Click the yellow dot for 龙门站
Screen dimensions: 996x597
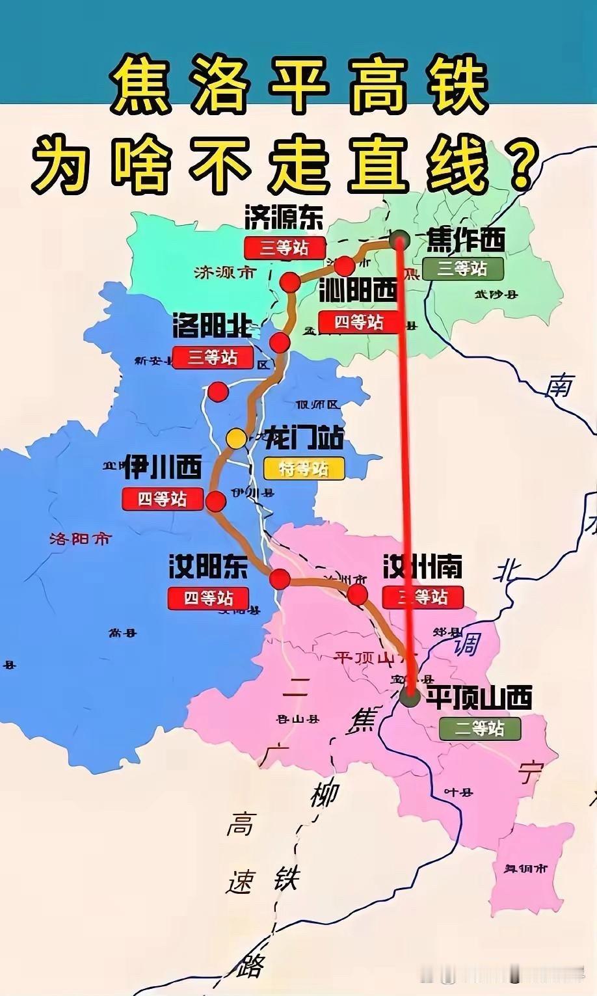[x=236, y=438]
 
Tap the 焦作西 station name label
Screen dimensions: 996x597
[x=465, y=241]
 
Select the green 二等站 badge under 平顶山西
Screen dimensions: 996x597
[x=480, y=728]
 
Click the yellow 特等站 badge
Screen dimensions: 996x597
[x=304, y=468]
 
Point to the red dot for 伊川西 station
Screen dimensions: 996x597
[x=215, y=502]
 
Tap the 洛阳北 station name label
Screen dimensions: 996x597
[x=212, y=326]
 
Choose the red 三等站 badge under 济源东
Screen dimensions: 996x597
[x=284, y=247]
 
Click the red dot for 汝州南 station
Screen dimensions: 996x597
[x=358, y=594]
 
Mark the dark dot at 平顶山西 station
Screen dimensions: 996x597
[x=410, y=697]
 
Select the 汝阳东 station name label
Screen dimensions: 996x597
[x=208, y=567]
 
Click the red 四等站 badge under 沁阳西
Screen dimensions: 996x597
[x=359, y=322]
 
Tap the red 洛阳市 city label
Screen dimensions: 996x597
[x=81, y=539]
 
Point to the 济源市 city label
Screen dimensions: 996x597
[x=225, y=273]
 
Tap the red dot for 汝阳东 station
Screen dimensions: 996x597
[x=280, y=578]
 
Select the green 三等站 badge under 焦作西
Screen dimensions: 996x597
[x=462, y=268]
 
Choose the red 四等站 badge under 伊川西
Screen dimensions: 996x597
[x=163, y=499]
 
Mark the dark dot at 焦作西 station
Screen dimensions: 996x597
[x=399, y=239]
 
